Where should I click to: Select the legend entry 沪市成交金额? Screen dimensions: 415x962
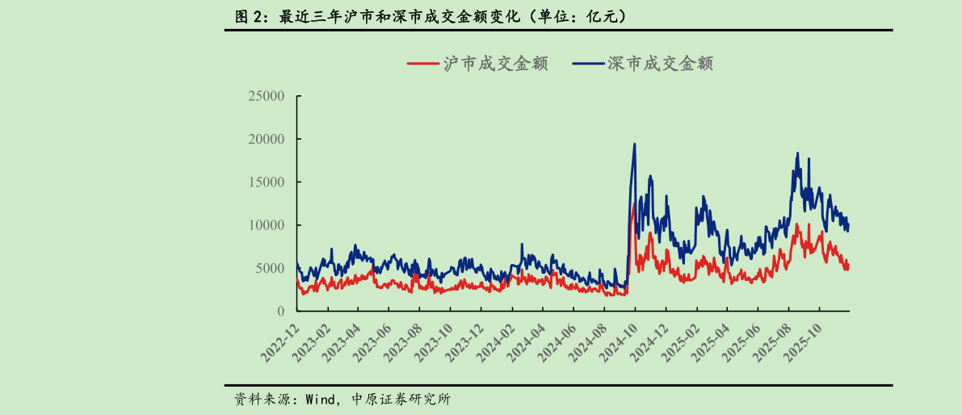(x=477, y=64)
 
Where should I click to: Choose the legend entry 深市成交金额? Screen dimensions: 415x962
(x=642, y=64)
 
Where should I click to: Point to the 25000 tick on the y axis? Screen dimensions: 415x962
(x=266, y=96)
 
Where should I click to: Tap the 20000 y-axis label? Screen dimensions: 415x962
(x=266, y=139)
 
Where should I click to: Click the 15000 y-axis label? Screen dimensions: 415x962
(x=266, y=182)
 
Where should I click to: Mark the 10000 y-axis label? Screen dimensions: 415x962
(x=266, y=224)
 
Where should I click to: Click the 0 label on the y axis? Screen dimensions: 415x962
(x=281, y=311)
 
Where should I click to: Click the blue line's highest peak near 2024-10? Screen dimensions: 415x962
(x=634, y=145)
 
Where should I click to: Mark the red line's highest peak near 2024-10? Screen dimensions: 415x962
(x=633, y=206)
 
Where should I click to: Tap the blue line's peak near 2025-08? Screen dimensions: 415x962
(x=797, y=153)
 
